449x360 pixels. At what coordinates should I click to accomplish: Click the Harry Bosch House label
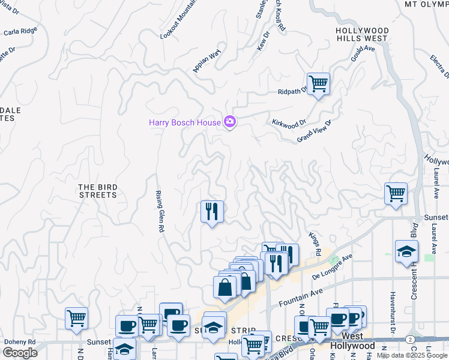tap(185, 122)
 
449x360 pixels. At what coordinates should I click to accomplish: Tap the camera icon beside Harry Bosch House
tap(229, 122)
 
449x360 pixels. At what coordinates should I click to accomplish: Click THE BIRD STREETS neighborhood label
tap(97, 191)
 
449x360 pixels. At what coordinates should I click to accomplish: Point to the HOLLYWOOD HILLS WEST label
tap(362, 34)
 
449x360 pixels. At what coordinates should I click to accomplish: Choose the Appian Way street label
tap(207, 61)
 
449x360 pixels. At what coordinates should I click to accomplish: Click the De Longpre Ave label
tap(333, 266)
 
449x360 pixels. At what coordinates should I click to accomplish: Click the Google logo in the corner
tap(20, 353)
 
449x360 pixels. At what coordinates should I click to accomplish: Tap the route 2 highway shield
tap(409, 340)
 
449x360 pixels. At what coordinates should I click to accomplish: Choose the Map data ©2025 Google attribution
tap(412, 355)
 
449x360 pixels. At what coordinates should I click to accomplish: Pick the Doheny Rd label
tap(20, 342)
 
